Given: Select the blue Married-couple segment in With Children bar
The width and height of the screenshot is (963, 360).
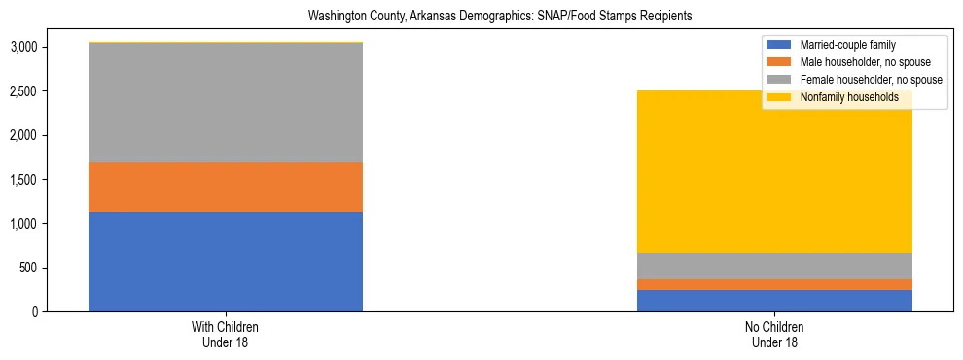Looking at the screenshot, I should pos(226,262).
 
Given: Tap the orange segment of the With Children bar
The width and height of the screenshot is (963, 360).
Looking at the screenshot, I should pos(226,187).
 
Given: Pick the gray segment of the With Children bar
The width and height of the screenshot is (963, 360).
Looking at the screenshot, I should pos(226,102).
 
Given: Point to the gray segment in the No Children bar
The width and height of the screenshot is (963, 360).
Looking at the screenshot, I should pos(774,266).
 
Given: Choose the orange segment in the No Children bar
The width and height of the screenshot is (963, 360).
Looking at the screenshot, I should pos(774,284).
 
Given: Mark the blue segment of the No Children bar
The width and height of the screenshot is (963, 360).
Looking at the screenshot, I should pos(774,301).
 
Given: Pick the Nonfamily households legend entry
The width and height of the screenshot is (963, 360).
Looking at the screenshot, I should pos(849,97).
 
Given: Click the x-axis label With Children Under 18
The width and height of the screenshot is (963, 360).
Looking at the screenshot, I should pos(226,335).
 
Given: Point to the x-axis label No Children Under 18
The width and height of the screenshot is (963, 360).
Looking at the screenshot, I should pos(774,335).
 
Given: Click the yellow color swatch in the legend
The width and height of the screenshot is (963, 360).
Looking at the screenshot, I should pos(779,97).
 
